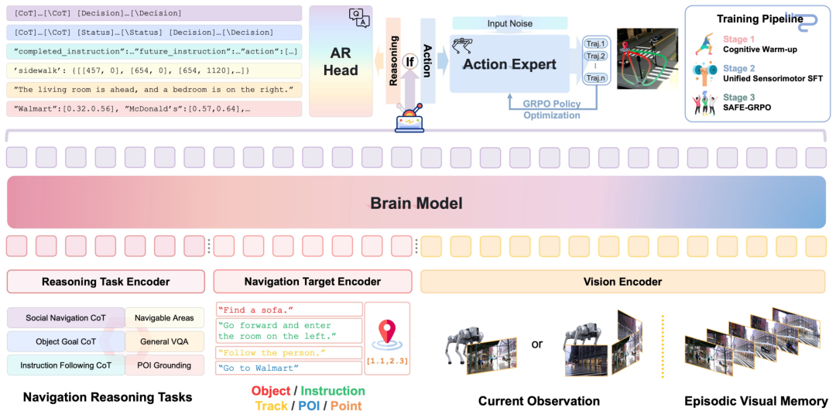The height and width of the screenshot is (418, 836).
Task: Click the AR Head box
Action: point(341,61)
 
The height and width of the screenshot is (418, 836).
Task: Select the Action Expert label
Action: point(509,64)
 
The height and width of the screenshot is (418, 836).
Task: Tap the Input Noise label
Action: point(509,23)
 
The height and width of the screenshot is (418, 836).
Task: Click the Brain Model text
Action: point(416,204)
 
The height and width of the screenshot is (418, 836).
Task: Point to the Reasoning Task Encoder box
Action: point(105,282)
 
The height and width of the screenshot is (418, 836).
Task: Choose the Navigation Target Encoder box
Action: point(312,282)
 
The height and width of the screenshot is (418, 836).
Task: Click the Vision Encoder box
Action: point(623,282)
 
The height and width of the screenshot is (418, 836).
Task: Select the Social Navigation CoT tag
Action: point(65,318)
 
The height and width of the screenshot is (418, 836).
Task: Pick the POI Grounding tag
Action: point(163,365)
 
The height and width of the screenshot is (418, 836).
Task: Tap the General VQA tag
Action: point(163,341)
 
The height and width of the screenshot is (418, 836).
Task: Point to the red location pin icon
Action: point(388,331)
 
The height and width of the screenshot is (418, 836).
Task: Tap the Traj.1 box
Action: point(594,43)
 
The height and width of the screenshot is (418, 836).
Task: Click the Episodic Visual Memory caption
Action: point(755,401)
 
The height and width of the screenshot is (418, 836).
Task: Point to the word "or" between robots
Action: point(537,344)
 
